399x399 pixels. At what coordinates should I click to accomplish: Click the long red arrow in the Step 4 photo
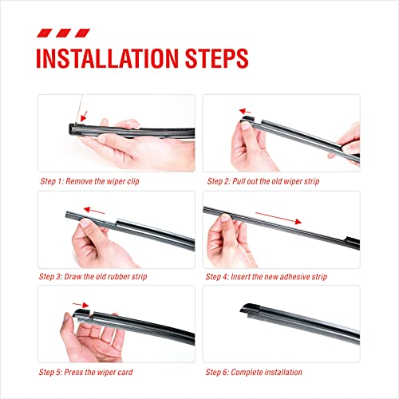coord(279,218)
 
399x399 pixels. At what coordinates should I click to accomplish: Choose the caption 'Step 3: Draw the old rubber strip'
coord(92,276)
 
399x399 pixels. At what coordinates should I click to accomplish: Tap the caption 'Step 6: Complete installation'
coord(253,372)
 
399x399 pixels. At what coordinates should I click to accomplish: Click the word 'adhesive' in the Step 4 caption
coord(290,276)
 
